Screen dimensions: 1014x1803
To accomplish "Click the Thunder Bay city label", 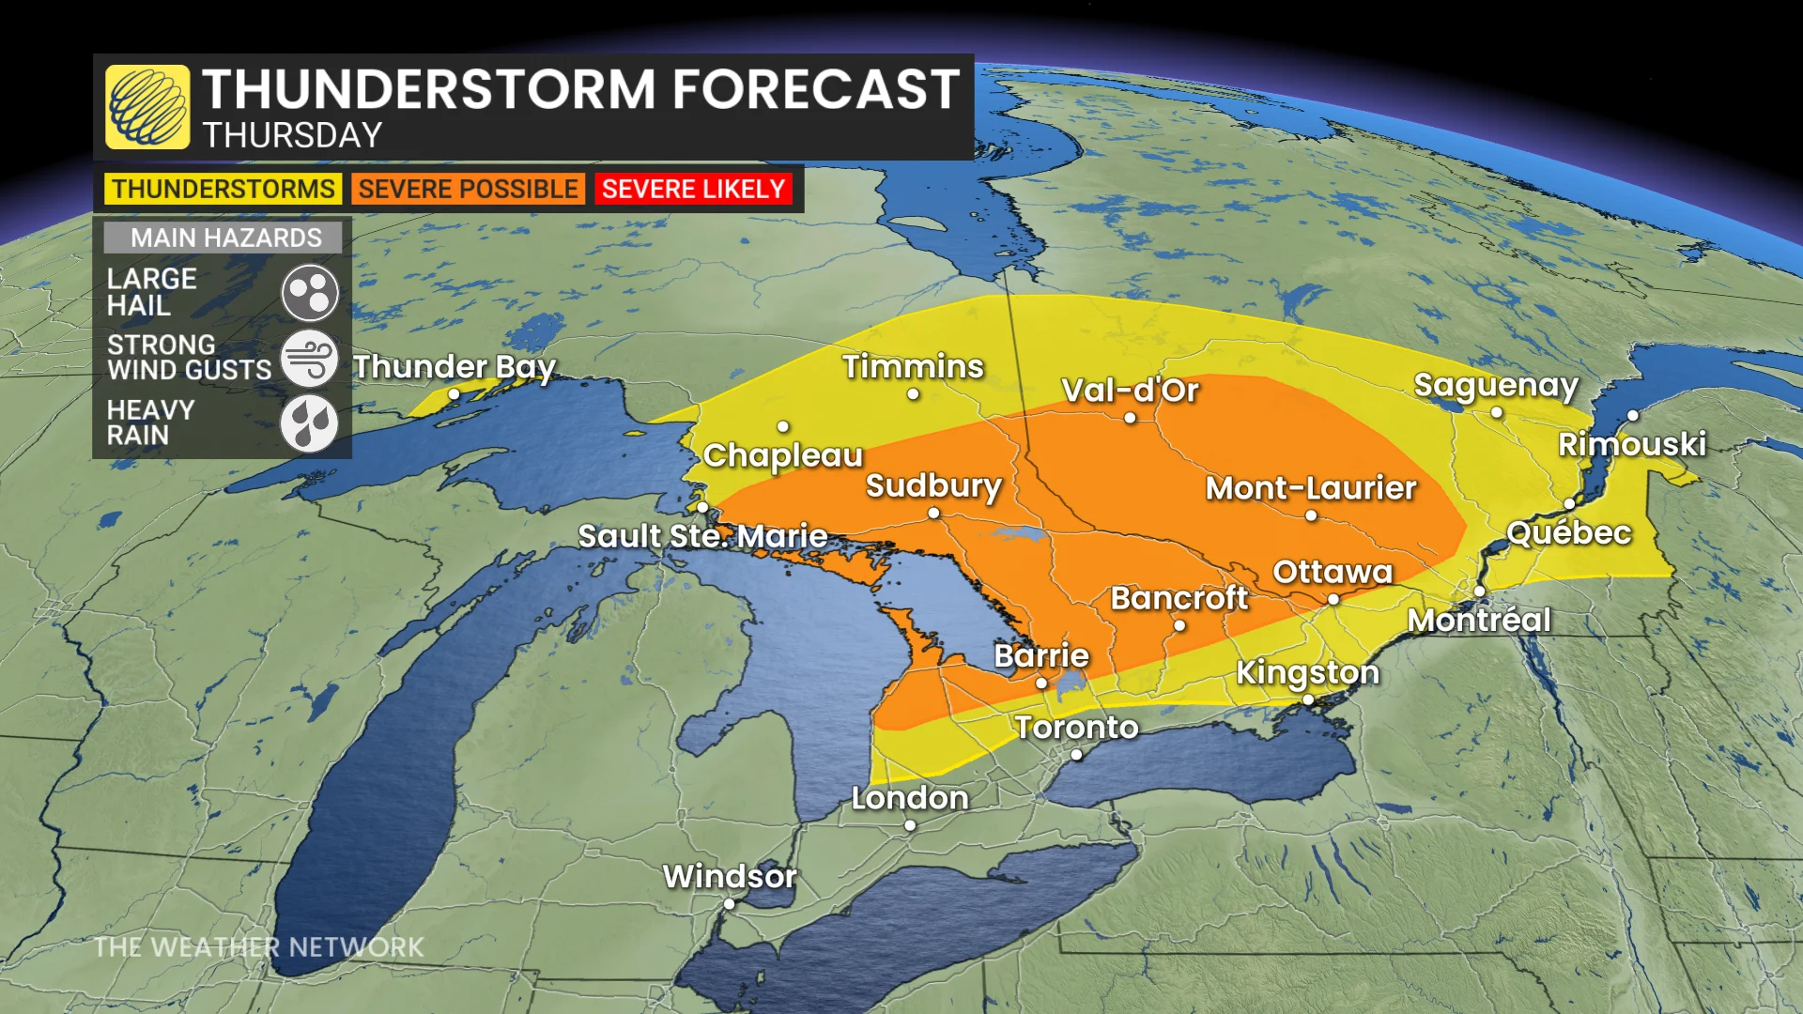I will pos(455,366).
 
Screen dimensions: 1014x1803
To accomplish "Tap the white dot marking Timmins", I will pos(913,394).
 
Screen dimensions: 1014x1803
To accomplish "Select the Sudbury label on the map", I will pos(933,486).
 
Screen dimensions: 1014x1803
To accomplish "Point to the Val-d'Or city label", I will pos(1130,391).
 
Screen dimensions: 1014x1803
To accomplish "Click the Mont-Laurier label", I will pos(1311,488).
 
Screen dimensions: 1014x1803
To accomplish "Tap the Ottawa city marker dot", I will pos(1333,599).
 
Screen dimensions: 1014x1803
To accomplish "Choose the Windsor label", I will pos(730,876).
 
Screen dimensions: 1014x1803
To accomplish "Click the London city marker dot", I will pos(910,825).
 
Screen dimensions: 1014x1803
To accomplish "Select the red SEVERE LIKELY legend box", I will pos(693,189).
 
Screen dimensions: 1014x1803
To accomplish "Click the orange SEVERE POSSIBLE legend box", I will pos(468,189).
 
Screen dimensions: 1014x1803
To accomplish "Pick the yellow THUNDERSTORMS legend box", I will pos(223,189).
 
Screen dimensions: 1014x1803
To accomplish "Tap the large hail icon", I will pos(309,293).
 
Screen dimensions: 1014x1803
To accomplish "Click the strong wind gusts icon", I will pos(309,359).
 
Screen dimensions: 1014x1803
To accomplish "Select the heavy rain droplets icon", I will pos(309,423).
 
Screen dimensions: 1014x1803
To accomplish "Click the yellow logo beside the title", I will pos(147,107).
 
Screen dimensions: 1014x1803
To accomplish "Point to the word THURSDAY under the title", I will pos(292,135).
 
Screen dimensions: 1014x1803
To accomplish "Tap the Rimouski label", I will pos(1632,444).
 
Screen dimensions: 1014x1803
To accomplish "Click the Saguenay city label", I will pos(1496,385).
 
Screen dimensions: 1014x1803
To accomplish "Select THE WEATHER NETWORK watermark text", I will pos(259,946).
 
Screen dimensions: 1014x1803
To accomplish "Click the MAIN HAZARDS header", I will pos(225,238).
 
